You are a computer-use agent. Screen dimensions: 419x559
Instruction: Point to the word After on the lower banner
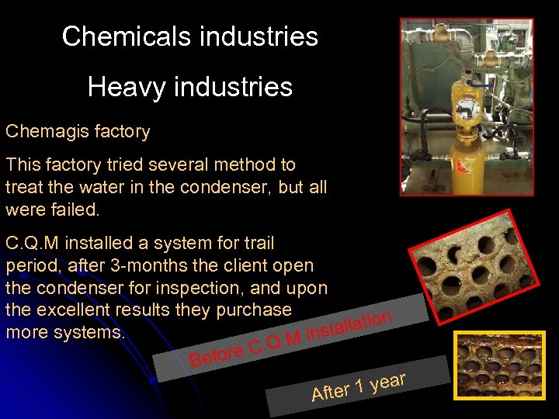pos(330,392)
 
